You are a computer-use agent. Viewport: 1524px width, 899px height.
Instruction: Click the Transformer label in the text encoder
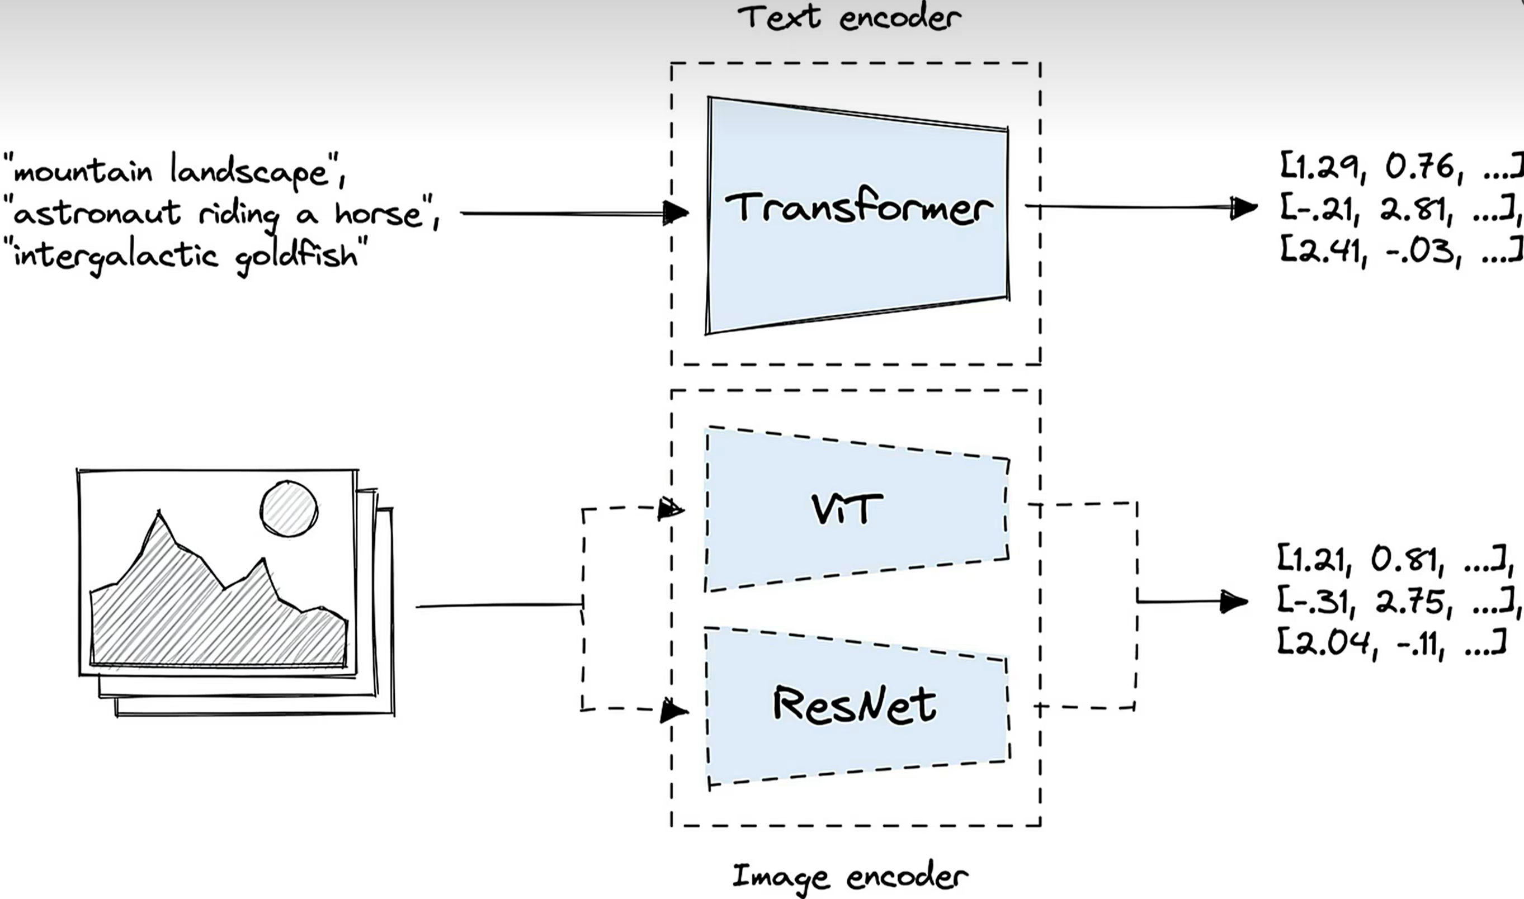[858, 208]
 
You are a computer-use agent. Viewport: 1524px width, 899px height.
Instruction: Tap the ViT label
[847, 509]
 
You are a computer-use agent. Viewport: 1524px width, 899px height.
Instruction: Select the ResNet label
[855, 704]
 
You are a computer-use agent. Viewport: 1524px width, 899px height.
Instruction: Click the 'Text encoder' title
[848, 17]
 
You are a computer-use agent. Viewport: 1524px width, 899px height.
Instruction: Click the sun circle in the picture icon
[289, 509]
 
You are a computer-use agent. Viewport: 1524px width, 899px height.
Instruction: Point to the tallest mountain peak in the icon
[159, 514]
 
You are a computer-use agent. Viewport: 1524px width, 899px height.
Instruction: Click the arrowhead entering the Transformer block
[676, 212]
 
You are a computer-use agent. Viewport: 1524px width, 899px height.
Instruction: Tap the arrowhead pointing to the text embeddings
[1243, 208]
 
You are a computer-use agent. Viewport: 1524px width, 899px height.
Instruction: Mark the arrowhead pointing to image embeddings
[1233, 602]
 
